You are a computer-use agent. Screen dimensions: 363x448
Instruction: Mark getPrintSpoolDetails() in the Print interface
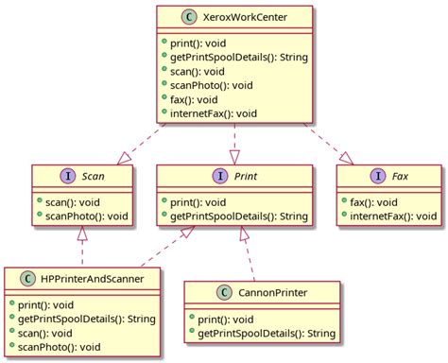point(235,216)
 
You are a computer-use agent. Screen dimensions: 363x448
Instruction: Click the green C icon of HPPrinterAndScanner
point(24,279)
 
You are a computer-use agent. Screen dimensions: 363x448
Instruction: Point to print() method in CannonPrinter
point(222,319)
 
